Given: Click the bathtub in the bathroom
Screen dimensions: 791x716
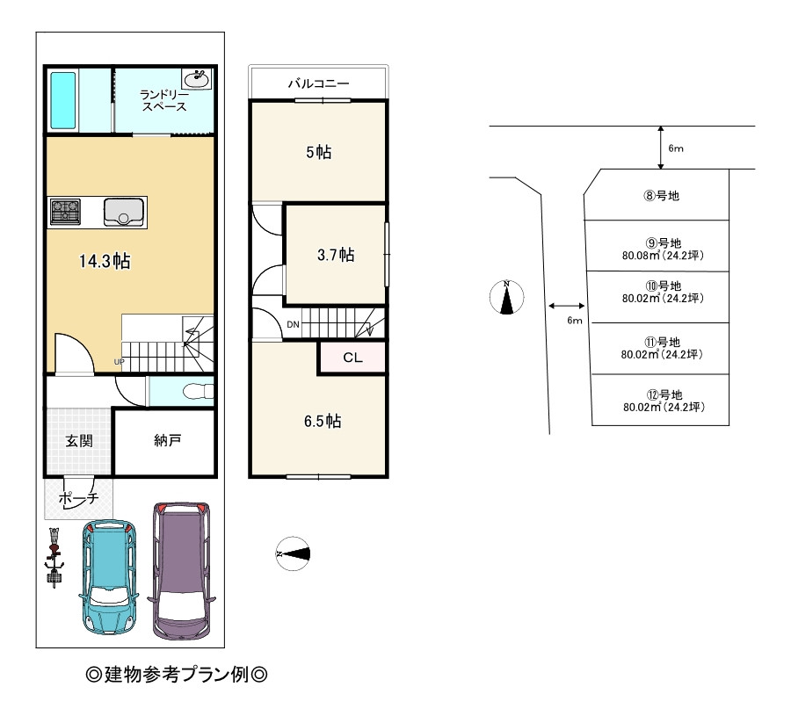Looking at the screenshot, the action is [63, 100].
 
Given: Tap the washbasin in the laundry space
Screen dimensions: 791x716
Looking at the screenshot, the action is [197, 79].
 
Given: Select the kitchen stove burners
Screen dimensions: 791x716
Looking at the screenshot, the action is [66, 212].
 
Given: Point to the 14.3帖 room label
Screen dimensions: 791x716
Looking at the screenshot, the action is [105, 261].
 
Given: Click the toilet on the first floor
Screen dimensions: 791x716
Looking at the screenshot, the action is [199, 392].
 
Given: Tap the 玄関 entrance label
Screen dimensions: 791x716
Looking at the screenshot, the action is [79, 441].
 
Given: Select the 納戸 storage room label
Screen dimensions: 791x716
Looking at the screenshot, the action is [168, 440].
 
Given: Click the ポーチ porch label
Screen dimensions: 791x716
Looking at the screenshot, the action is [78, 498].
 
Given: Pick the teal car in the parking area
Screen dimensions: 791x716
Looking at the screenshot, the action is [108, 576].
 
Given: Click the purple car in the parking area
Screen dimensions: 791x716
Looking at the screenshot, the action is [182, 571].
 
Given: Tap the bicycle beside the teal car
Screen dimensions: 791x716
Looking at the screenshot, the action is [54, 557].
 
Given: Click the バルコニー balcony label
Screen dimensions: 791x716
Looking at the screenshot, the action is [318, 83].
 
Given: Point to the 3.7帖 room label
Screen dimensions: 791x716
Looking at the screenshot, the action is [336, 255].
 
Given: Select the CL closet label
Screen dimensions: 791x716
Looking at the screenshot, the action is [352, 358].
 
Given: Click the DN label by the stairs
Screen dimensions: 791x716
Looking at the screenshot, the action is [293, 324].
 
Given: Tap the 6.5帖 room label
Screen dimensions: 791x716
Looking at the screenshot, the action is [323, 421].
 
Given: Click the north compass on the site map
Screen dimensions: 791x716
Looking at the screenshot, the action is [507, 297].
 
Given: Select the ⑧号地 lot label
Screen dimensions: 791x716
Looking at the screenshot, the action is [661, 195].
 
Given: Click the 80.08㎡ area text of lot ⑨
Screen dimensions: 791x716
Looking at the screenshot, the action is [642, 255].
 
